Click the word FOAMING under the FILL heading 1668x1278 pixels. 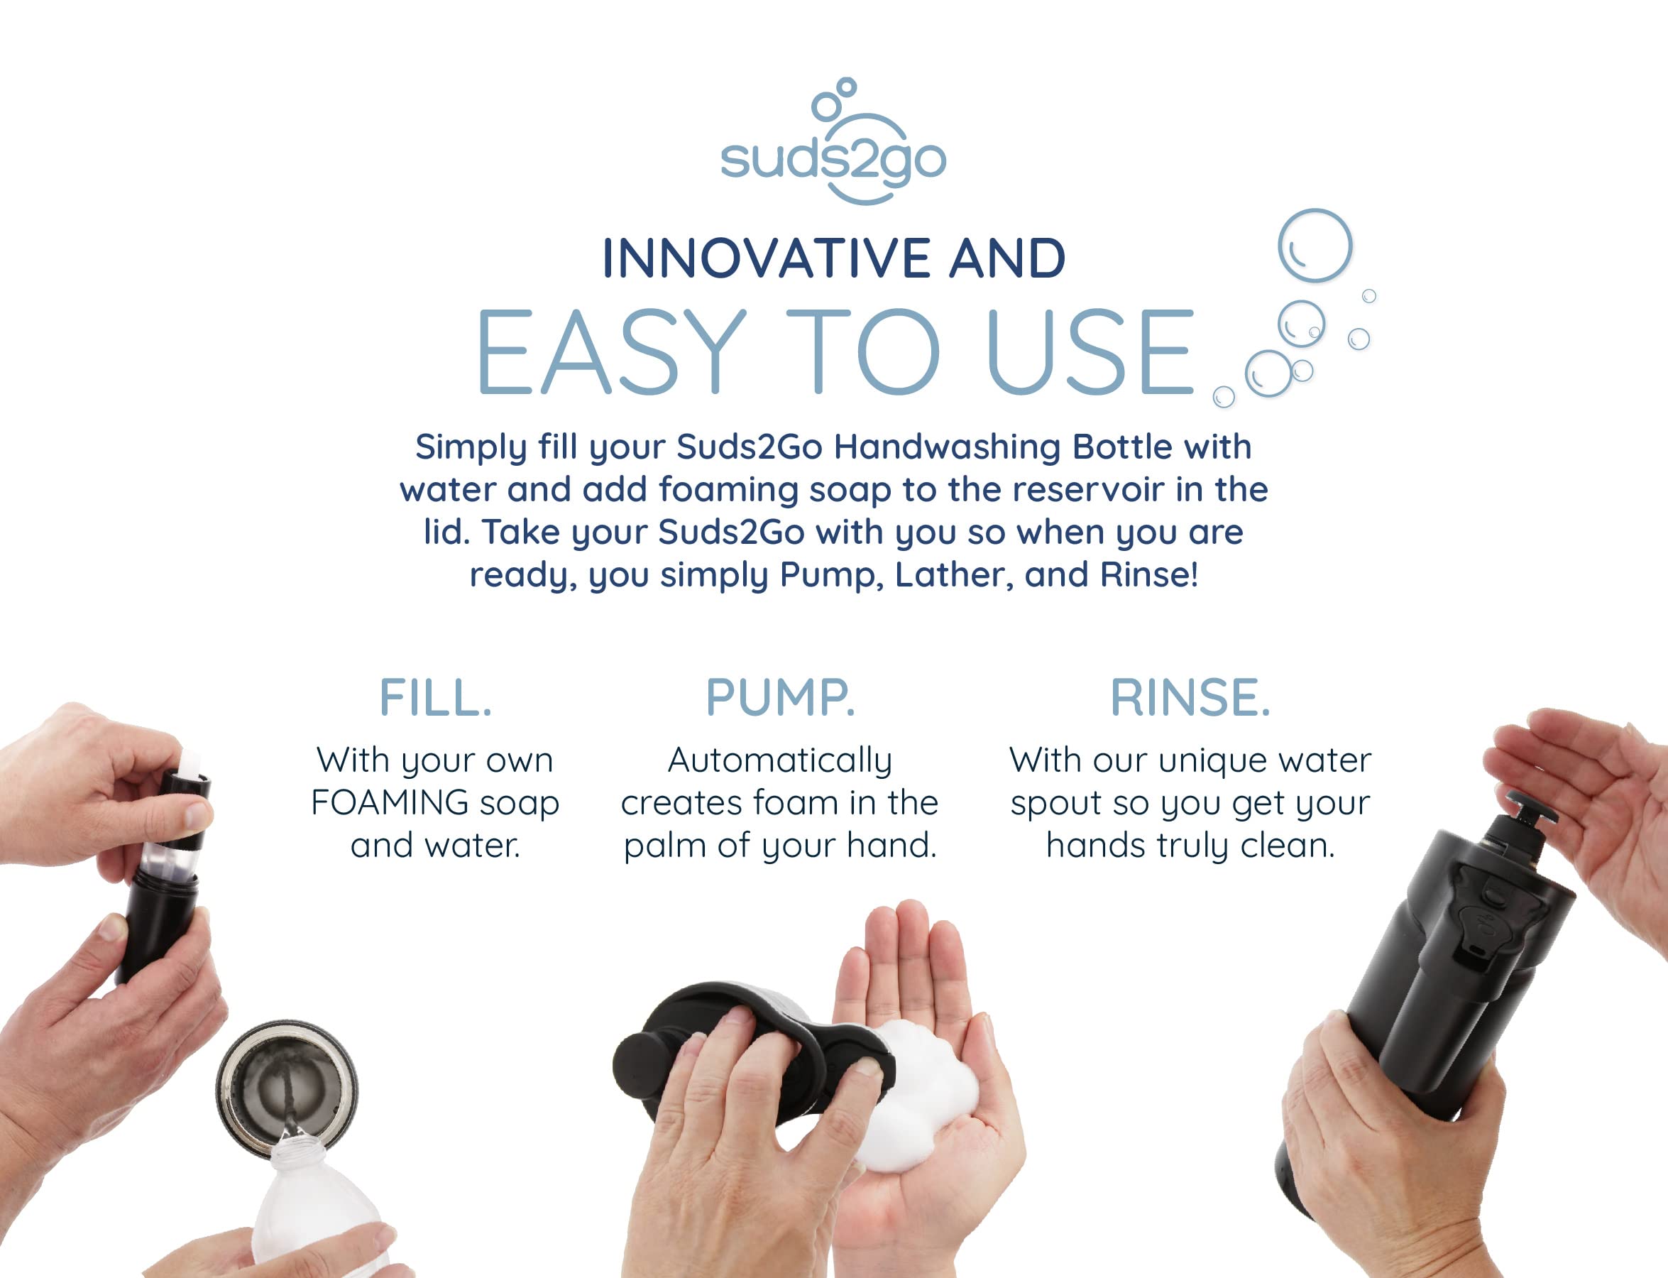coord(389,802)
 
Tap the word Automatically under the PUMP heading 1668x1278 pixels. coord(780,760)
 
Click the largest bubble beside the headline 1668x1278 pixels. coord(1315,246)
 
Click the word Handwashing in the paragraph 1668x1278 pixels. coord(947,447)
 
